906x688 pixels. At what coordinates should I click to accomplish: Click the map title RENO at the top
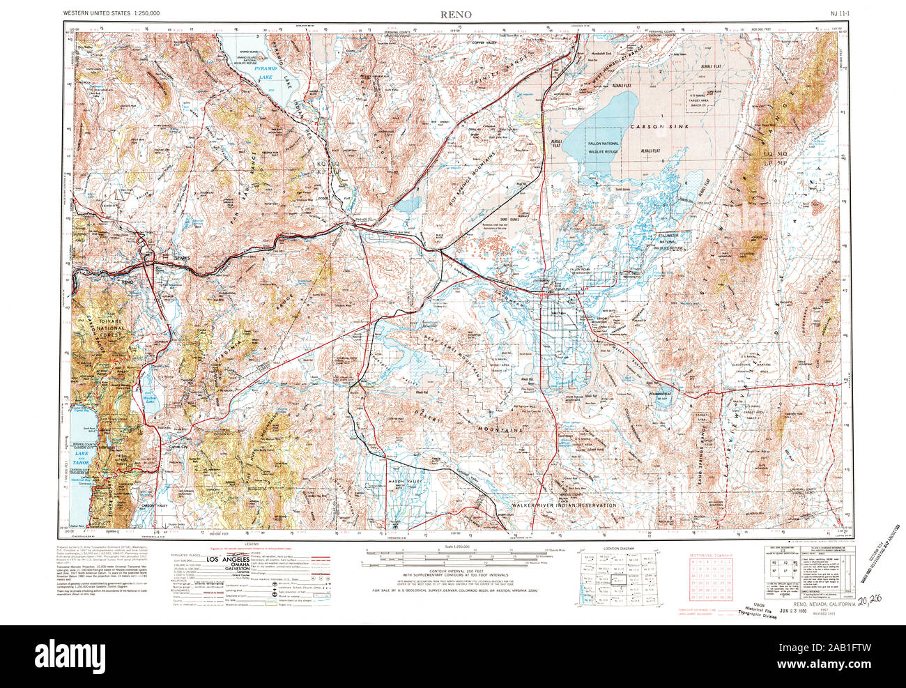coord(456,14)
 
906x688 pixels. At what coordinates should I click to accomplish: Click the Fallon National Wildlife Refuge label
coord(604,144)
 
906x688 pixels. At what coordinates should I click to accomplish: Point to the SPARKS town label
coord(182,258)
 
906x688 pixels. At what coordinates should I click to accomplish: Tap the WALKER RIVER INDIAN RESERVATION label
coord(564,505)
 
